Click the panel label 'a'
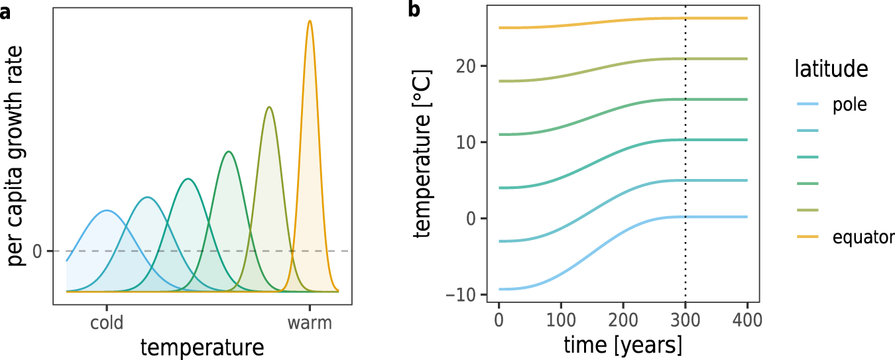pyautogui.click(x=5, y=13)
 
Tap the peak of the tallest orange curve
pyautogui.click(x=310, y=21)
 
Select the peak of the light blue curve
pyautogui.click(x=107, y=211)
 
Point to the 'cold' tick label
pyautogui.click(x=106, y=324)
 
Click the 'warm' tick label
pyautogui.click(x=309, y=324)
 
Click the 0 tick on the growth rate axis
pyautogui.click(x=38, y=252)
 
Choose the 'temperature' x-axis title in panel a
pyautogui.click(x=202, y=347)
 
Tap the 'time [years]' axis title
pyautogui.click(x=622, y=345)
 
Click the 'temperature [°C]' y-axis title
pyautogui.click(x=424, y=156)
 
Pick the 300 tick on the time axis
pyautogui.click(x=685, y=321)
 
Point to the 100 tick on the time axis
pyautogui.click(x=561, y=321)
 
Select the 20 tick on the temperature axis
pyautogui.click(x=467, y=66)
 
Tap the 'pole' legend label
pyautogui.click(x=849, y=105)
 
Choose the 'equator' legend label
pyautogui.click(x=863, y=237)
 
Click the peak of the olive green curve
pyautogui.click(x=268, y=107)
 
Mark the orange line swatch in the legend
pyautogui.click(x=809, y=237)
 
